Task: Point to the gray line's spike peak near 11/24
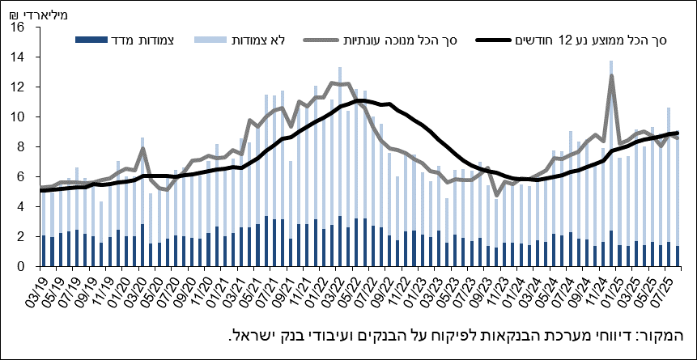(610, 75)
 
